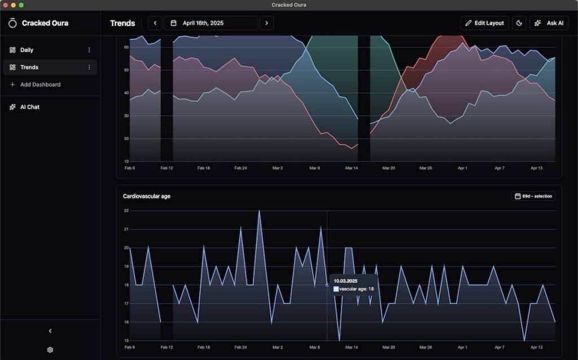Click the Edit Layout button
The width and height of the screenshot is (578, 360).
pyautogui.click(x=484, y=23)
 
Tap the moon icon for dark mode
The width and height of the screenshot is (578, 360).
pyautogui.click(x=519, y=23)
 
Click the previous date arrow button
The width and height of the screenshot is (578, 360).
pyautogui.click(x=155, y=23)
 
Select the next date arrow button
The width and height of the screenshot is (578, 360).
pyautogui.click(x=266, y=23)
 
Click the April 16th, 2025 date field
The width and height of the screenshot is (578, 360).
pyautogui.click(x=211, y=23)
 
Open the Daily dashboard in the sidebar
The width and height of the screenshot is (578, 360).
pyautogui.click(x=27, y=50)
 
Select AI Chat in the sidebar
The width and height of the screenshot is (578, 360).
pyautogui.click(x=29, y=107)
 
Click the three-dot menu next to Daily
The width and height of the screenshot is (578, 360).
pyautogui.click(x=89, y=50)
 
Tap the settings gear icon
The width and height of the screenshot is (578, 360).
pyautogui.click(x=50, y=350)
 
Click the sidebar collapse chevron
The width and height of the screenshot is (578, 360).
pyautogui.click(x=50, y=331)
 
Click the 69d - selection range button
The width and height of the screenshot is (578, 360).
pyautogui.click(x=533, y=196)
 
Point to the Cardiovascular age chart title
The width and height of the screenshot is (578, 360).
pyautogui.click(x=147, y=196)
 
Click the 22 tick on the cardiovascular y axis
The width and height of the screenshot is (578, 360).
pyautogui.click(x=126, y=210)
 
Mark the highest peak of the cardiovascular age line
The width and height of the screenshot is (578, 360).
pyautogui.click(x=259, y=211)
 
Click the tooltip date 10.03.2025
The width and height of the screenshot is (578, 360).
pyautogui.click(x=345, y=280)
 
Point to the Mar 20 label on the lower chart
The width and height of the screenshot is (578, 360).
pyautogui.click(x=388, y=348)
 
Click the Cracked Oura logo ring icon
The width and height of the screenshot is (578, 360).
pyautogui.click(x=12, y=23)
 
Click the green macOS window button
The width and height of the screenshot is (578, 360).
pyautogui.click(x=21, y=5)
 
